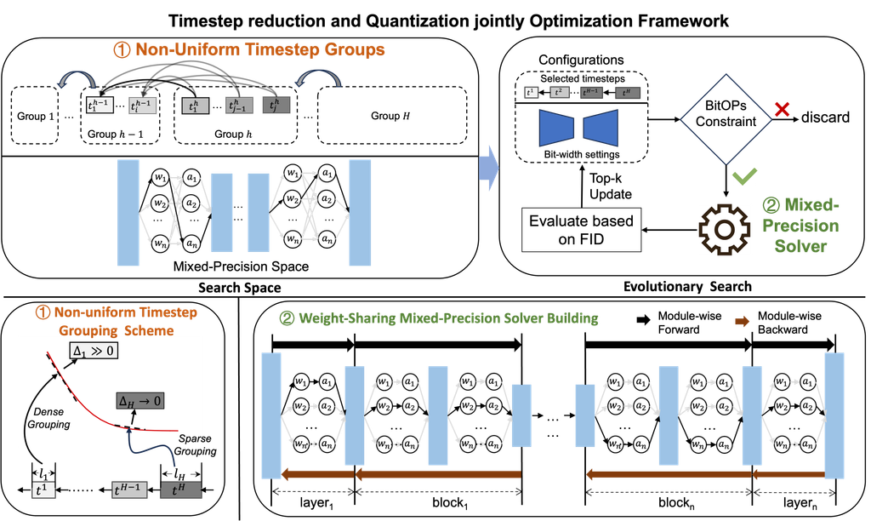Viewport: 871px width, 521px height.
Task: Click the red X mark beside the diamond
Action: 783,110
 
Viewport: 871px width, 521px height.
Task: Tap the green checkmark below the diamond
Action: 744,176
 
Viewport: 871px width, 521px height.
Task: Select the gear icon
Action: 723,230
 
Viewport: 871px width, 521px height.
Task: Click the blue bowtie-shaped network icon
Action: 583,129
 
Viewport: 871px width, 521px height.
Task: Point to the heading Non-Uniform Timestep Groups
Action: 249,50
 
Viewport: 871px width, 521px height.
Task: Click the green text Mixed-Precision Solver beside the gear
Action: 800,226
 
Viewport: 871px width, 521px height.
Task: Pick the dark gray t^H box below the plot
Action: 178,490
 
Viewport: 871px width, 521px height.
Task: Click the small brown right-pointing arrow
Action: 742,322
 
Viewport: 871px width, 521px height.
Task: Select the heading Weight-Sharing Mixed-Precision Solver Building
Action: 439,318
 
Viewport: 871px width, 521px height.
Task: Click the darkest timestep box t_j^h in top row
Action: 276,106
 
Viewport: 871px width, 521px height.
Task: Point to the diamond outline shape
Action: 726,117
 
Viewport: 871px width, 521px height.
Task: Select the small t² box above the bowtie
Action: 558,93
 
